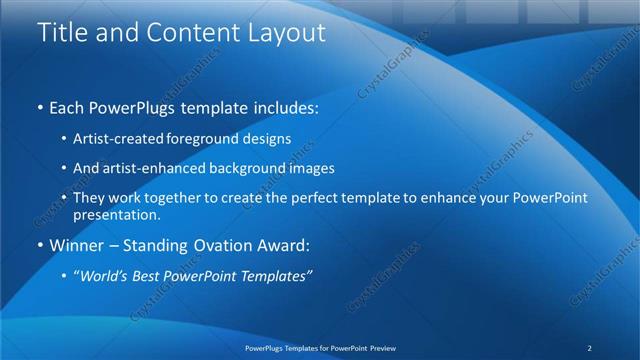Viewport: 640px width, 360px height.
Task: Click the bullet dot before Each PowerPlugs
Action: coord(39,106)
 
